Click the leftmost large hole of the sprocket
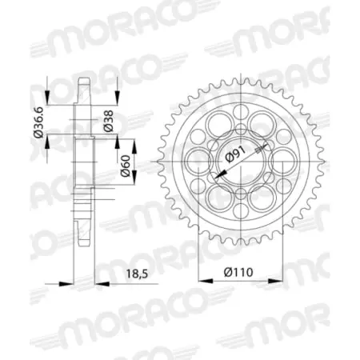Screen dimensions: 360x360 pos(196,159)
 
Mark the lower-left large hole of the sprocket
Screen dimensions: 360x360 pos(218,197)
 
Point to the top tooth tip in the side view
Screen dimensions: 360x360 pos(85,78)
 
